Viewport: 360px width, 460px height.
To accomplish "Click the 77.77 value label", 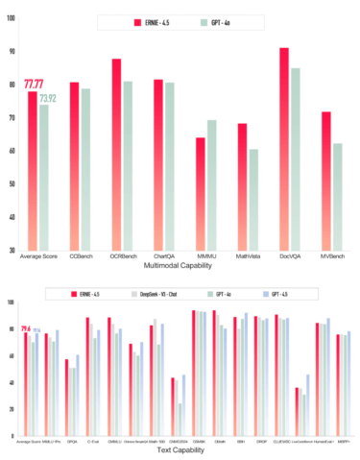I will (x=35, y=85).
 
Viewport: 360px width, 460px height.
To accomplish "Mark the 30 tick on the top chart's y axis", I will (x=11, y=251).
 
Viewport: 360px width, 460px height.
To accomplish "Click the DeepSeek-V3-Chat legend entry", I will (x=180, y=291).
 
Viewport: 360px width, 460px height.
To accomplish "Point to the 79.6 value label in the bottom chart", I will (x=26, y=329).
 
